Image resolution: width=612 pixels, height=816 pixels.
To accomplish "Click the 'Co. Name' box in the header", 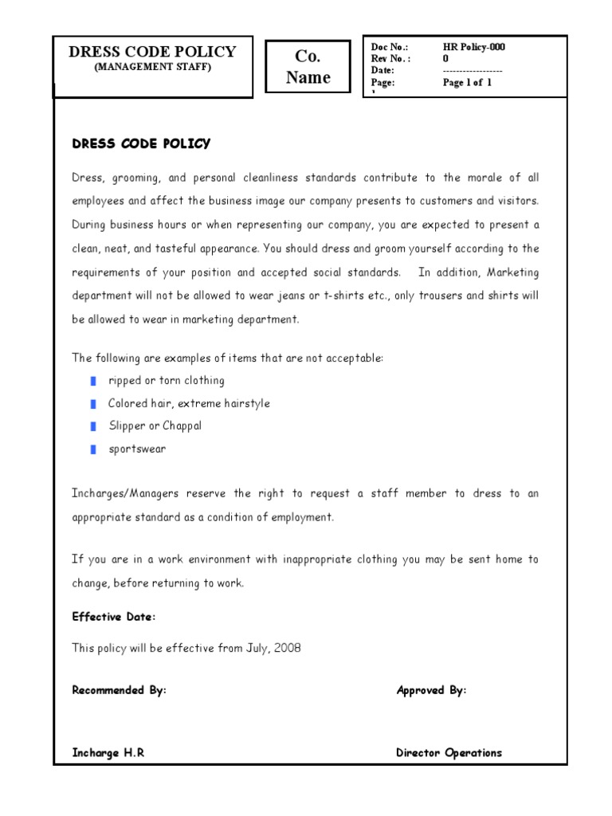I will point(308,67).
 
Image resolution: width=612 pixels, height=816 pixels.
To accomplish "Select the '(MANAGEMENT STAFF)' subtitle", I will point(153,68).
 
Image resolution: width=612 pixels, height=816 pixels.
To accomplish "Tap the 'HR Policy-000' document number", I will point(474,47).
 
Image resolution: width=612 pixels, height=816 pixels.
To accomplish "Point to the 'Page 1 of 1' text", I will point(468,83).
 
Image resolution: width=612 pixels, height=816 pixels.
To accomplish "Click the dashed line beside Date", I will point(473,71).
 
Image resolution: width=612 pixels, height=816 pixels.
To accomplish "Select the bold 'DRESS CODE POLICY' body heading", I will point(141,144).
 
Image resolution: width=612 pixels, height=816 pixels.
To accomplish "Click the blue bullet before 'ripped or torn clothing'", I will point(93,381).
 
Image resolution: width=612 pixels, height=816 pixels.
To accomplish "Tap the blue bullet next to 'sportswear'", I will point(93,449).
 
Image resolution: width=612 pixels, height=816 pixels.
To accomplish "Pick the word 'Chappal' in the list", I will point(182,426).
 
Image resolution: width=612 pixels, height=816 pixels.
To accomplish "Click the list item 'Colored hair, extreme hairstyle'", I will point(189,403).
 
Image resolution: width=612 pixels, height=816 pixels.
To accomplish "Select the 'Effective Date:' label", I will point(114,617).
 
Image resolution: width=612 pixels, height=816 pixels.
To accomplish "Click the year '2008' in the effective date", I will point(288,648).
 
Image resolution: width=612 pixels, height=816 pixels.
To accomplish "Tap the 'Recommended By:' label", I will point(120,690).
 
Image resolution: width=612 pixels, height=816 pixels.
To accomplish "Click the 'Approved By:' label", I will point(431,690).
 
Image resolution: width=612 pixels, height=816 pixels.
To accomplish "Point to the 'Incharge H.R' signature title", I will point(108,752).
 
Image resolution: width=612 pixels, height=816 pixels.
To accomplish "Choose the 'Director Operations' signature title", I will point(449,752).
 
